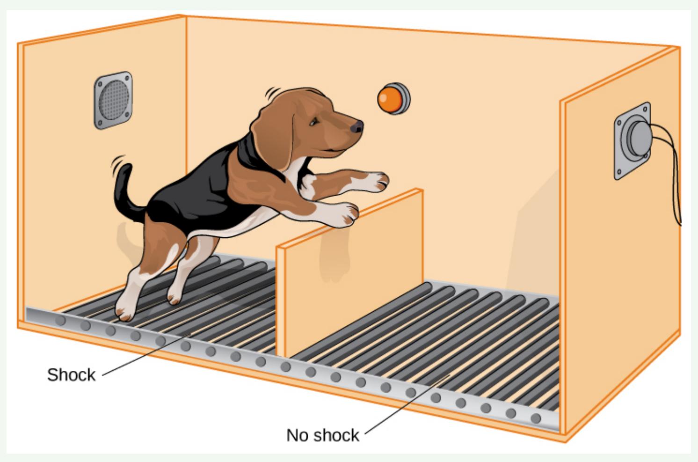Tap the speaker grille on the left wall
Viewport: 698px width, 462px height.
pos(113,100)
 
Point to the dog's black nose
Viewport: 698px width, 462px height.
pos(357,126)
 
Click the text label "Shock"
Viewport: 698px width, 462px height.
pos(71,375)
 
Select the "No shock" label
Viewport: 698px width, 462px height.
pos(323,435)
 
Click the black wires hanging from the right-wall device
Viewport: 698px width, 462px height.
pos(669,169)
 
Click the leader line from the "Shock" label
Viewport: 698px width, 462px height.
pos(146,355)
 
